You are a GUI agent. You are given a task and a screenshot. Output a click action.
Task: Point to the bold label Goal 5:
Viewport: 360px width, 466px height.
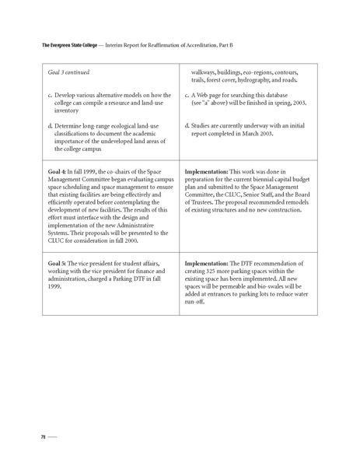[60, 264]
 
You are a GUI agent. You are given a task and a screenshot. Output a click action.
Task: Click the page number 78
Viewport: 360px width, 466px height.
[33, 437]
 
